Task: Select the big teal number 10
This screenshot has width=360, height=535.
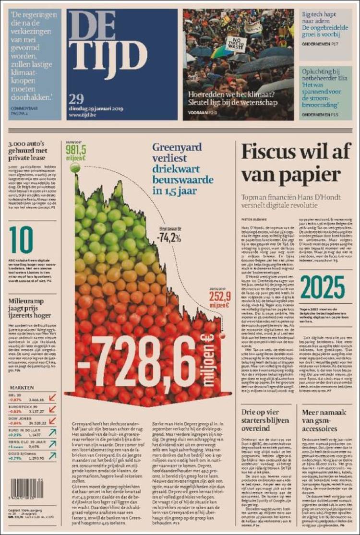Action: click(21, 240)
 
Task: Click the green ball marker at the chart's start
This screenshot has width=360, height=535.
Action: click(74, 167)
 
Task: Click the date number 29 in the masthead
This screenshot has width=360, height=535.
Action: click(76, 99)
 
